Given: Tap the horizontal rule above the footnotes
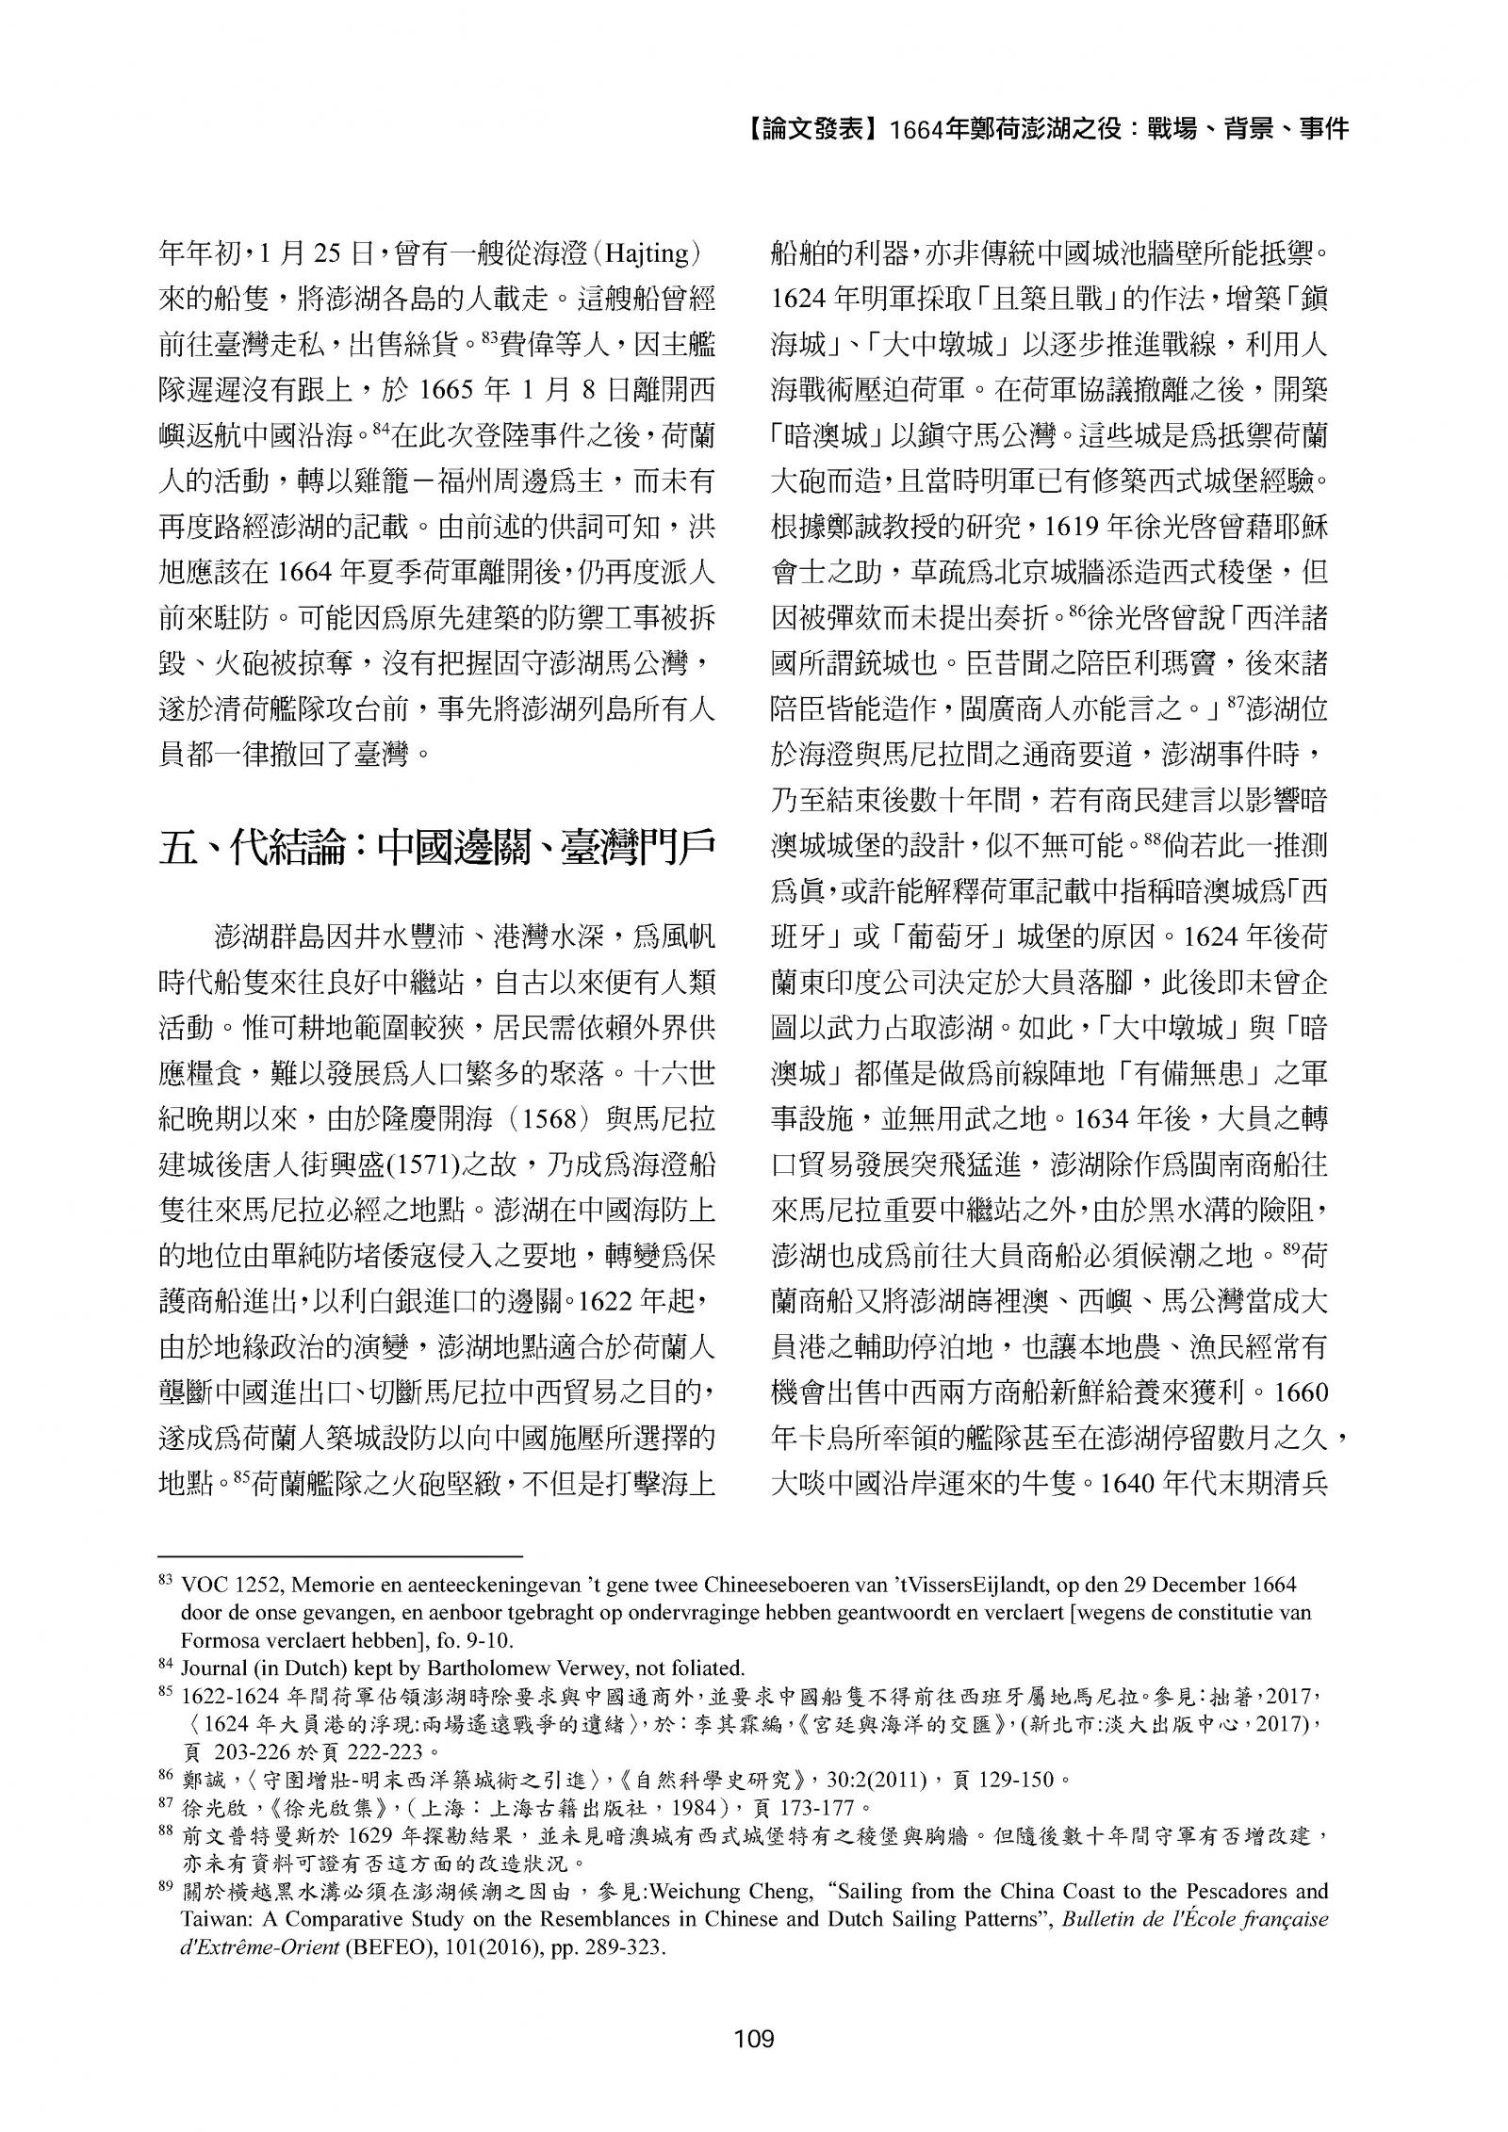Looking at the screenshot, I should point(340,1556).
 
